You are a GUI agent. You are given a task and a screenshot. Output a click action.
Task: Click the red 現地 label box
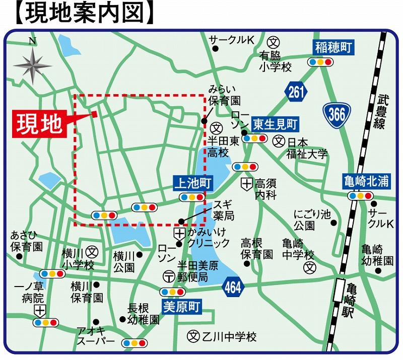click(39, 123)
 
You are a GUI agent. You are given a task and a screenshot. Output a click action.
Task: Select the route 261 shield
click(296, 92)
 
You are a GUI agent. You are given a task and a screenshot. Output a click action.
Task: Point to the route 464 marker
click(232, 287)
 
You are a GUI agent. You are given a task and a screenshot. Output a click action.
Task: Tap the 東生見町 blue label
click(276, 123)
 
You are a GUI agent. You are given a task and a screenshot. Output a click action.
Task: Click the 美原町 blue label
click(181, 305)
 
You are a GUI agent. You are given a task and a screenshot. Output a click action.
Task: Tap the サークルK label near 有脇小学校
click(233, 39)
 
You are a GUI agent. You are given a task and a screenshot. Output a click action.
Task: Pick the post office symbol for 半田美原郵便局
click(169, 276)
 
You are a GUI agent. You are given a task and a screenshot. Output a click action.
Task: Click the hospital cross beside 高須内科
click(246, 184)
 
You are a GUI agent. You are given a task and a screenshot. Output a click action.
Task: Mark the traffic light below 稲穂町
click(321, 62)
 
